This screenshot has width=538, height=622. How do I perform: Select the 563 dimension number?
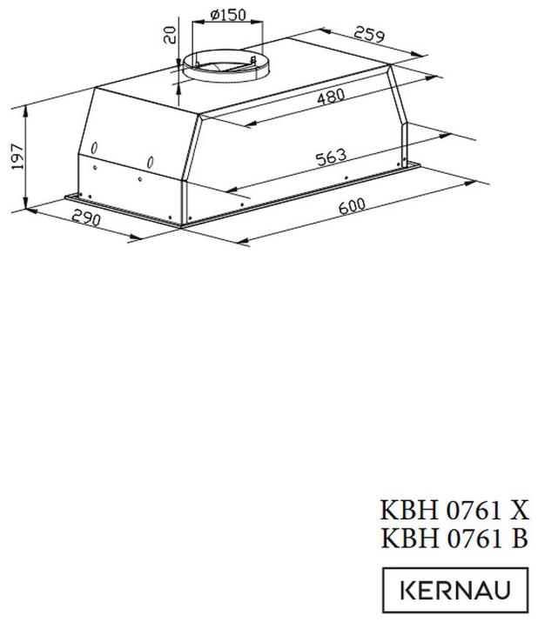[x=331, y=160]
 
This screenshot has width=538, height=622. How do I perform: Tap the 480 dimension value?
[x=332, y=97]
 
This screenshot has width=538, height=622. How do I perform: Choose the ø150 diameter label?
[x=227, y=15]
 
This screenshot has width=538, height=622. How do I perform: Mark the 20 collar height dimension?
[x=171, y=36]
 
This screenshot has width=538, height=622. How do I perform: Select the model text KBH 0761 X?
[x=454, y=509]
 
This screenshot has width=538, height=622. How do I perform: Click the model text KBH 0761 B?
[x=454, y=538]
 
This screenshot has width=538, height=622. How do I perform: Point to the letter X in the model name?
[x=519, y=509]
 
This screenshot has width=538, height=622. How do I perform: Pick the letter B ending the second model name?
[x=520, y=538]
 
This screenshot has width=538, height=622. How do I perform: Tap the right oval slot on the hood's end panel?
[x=151, y=162]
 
